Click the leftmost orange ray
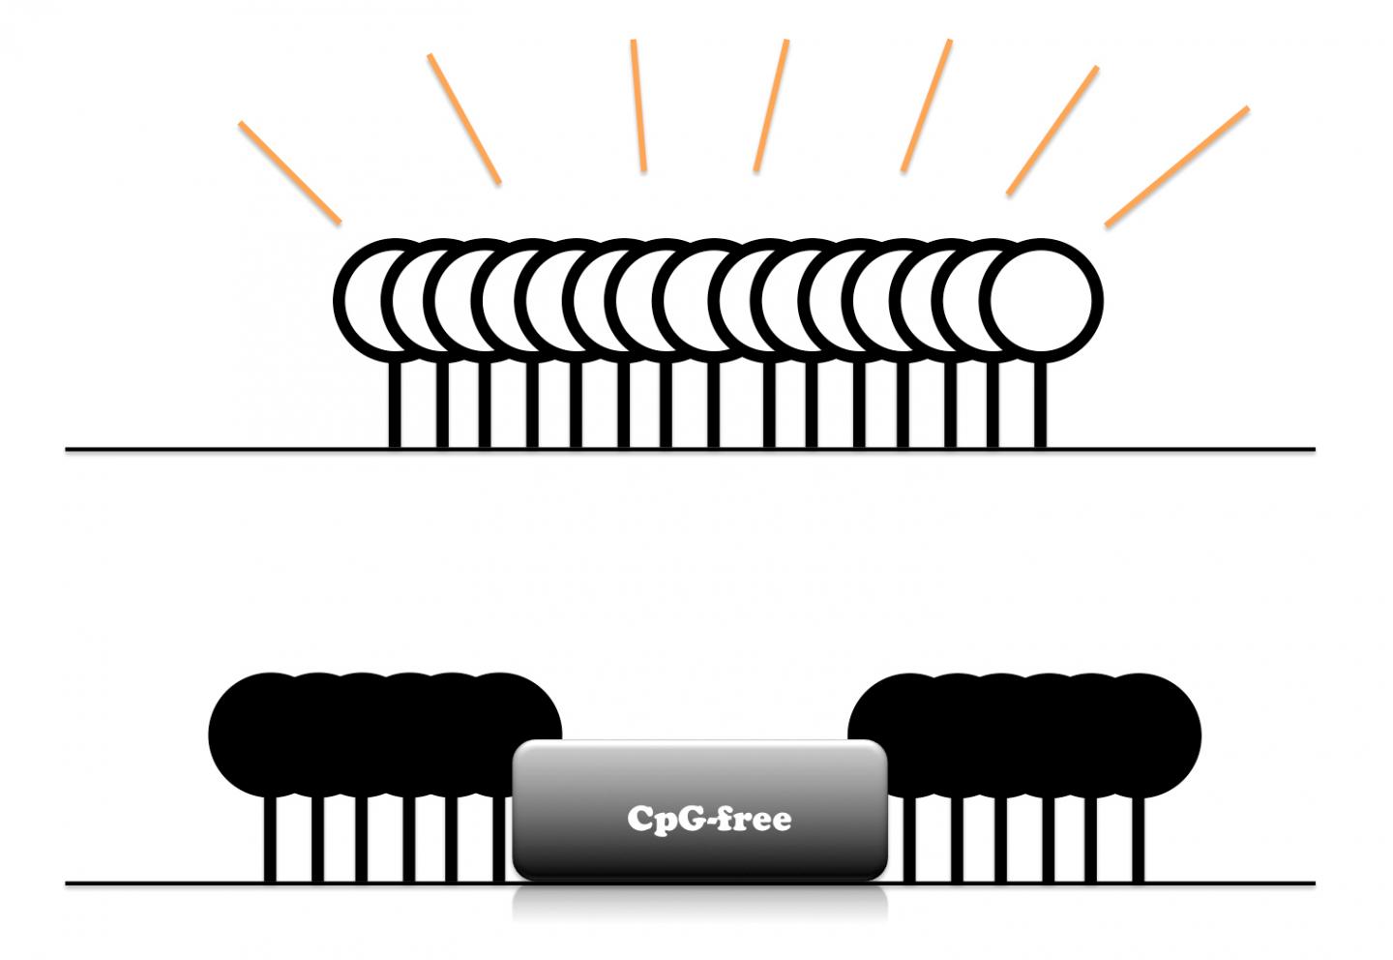(289, 172)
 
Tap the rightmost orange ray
(1176, 166)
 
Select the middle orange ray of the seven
(772, 105)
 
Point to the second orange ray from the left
(464, 118)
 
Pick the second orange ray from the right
(1052, 131)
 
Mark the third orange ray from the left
(638, 105)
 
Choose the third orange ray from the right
(927, 105)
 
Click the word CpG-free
(709, 819)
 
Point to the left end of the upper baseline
(68, 449)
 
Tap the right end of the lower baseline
(1313, 883)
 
